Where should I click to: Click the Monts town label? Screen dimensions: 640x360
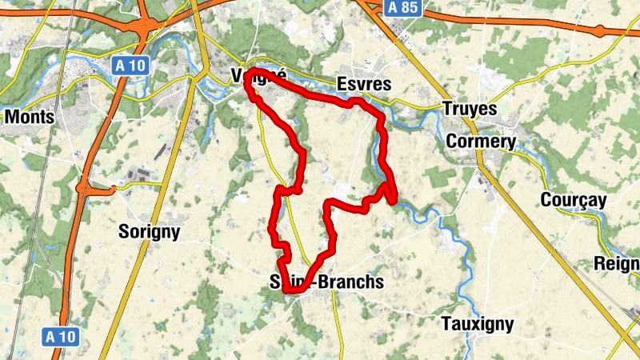(x=30, y=117)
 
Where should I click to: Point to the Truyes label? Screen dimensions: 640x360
(x=470, y=109)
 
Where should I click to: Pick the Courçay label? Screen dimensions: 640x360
(x=573, y=200)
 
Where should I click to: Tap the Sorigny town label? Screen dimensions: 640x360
(x=149, y=232)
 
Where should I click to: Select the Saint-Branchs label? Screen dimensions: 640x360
(x=326, y=282)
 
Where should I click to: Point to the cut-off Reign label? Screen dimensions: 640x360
(x=616, y=264)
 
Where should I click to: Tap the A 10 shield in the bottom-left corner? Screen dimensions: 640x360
(x=60, y=337)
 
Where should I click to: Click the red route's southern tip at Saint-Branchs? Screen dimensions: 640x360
(x=294, y=290)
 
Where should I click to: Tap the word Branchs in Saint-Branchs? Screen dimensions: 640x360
(x=350, y=282)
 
